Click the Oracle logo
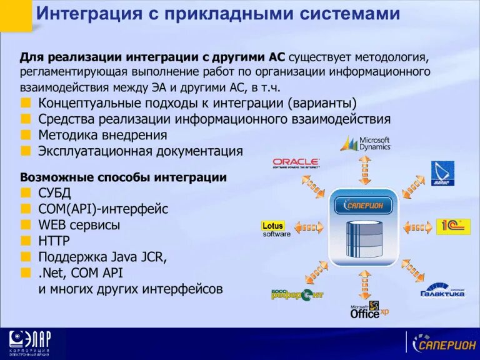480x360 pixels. [x=296, y=163]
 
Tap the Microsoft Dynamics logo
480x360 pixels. [x=366, y=144]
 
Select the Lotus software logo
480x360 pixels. [x=276, y=229]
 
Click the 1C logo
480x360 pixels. [x=452, y=226]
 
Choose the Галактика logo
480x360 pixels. [x=442, y=289]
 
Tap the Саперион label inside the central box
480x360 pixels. [x=364, y=205]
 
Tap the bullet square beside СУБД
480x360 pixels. [x=25, y=193]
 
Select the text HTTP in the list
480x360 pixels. [x=54, y=241]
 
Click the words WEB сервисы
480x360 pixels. [x=79, y=224]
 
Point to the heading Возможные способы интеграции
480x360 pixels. [x=123, y=177]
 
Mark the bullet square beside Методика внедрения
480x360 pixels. [x=25, y=135]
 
